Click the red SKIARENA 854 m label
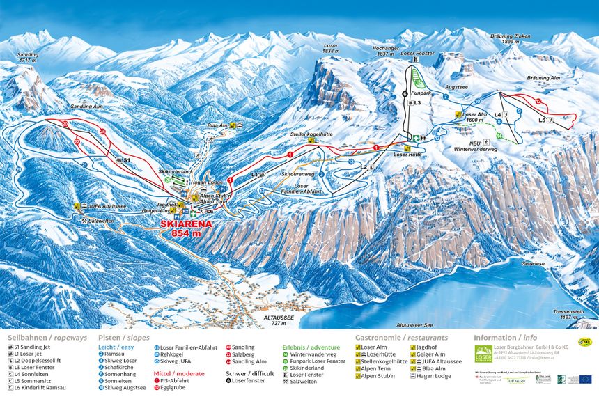coord(185,229)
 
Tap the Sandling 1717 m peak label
coord(27,57)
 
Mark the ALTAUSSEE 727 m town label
coord(278,320)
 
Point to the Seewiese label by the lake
coord(534,264)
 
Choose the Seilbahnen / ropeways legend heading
coord(47,337)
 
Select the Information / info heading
coord(505,337)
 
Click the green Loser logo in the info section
coord(483,354)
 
